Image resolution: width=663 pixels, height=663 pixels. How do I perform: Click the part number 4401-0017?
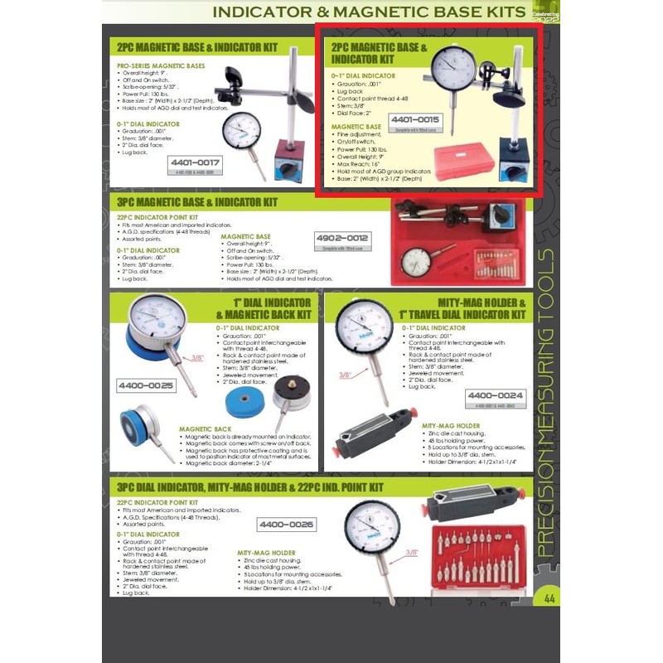coord(196,163)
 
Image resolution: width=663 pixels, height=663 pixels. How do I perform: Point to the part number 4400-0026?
coord(287,524)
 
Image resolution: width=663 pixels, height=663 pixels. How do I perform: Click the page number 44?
coord(549,598)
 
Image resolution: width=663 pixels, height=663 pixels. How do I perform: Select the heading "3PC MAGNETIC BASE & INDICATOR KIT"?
coord(196,201)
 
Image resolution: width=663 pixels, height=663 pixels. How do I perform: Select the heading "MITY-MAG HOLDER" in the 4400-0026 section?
coord(266,552)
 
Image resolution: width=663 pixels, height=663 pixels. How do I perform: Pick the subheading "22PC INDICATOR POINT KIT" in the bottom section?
coord(157,502)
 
